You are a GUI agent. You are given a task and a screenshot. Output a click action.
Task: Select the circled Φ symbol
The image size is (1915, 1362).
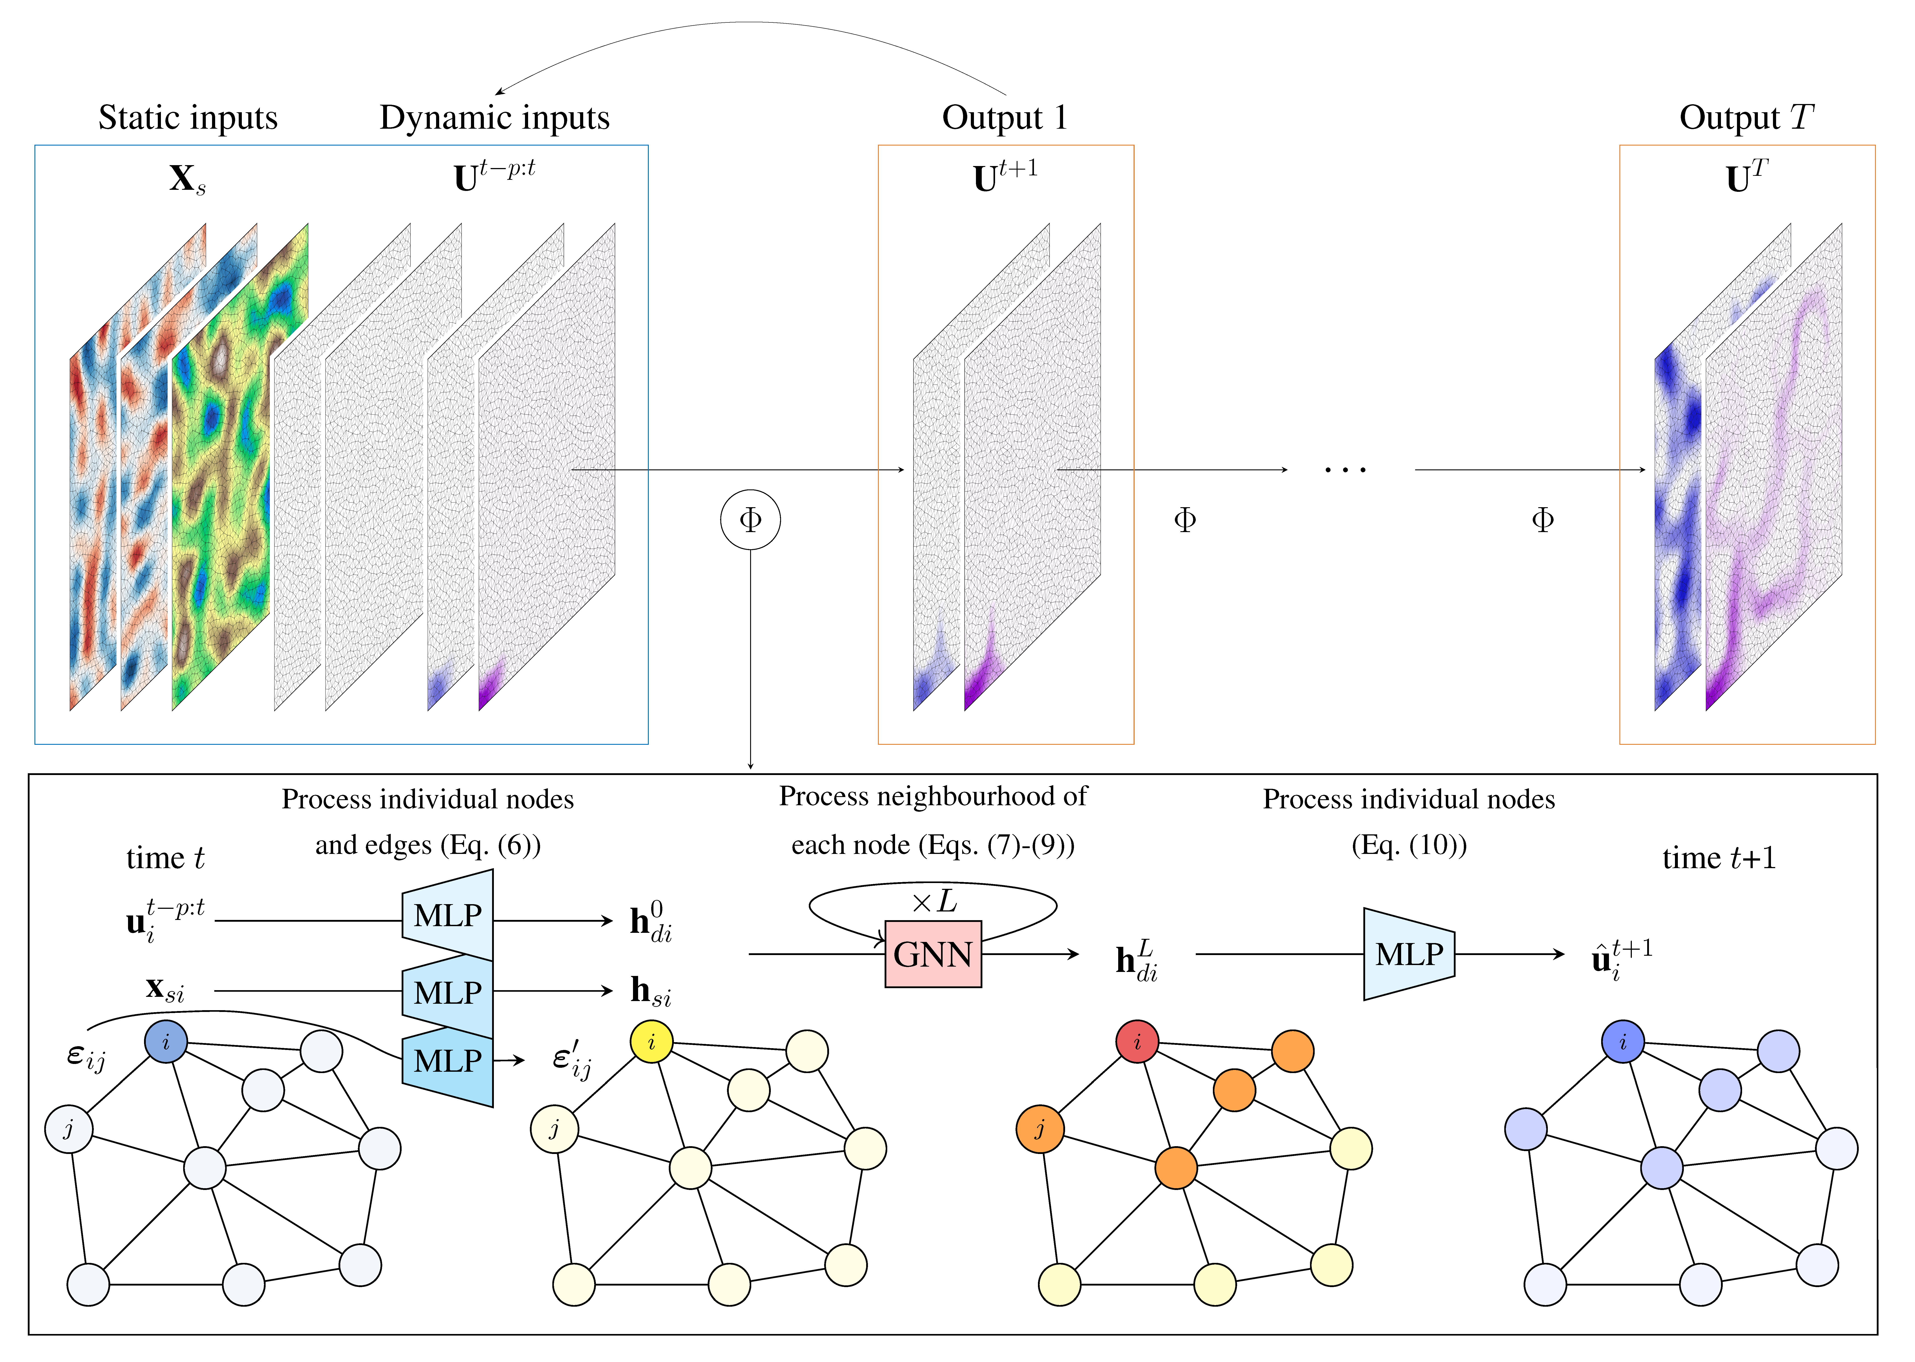[750, 520]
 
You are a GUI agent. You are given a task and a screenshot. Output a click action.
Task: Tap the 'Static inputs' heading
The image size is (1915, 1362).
[188, 117]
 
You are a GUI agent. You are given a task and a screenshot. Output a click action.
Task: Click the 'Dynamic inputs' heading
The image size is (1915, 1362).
[495, 117]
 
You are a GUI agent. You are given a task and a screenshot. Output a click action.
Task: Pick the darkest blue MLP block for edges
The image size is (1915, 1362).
[448, 1062]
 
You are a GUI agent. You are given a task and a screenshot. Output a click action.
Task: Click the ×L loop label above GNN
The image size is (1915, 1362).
[933, 901]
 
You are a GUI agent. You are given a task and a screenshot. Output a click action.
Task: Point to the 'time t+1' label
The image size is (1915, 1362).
[1719, 858]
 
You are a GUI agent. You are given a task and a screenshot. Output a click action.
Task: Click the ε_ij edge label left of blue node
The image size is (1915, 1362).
[86, 1057]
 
